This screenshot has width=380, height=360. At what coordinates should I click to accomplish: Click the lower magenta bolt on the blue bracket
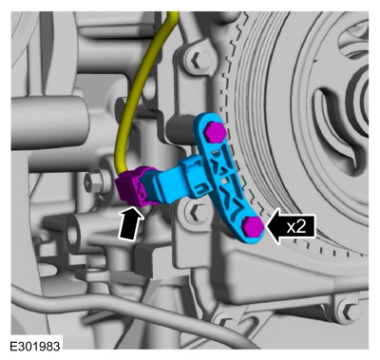(x=253, y=226)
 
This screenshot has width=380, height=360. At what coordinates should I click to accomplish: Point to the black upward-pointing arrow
(x=131, y=222)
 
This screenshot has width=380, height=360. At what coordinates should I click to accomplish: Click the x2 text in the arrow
(x=296, y=227)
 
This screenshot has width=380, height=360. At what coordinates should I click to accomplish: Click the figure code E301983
(x=35, y=347)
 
